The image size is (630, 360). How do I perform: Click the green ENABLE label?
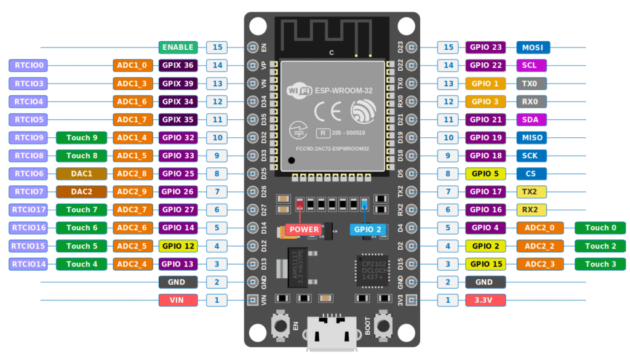pos(178,47)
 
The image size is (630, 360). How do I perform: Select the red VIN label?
pos(178,300)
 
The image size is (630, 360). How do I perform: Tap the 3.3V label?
pos(485,300)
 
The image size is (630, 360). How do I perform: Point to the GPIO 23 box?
pos(485,47)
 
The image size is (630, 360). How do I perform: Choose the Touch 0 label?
pos(600,228)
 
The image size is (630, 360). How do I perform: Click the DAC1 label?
pos(81,174)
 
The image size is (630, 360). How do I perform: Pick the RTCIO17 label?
pos(29,210)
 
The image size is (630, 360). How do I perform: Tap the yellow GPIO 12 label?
pos(178,246)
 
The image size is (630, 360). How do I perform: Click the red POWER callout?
pos(304,229)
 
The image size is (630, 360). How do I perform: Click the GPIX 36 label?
pos(178,65)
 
